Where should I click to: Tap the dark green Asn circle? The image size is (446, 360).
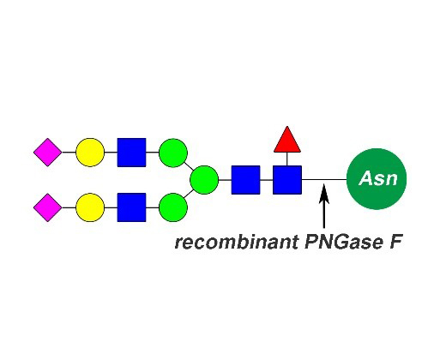[x=377, y=179]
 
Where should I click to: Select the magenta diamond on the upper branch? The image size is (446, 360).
[x=48, y=153]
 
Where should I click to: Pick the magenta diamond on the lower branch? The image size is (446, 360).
[x=48, y=207]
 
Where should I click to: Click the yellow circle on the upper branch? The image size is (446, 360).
[x=90, y=153]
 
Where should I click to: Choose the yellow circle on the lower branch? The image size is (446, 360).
[x=90, y=207]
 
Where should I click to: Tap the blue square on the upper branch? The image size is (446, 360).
[x=131, y=153]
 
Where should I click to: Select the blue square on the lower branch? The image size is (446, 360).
[x=131, y=207]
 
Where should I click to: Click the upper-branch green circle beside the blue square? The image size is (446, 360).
[x=173, y=153]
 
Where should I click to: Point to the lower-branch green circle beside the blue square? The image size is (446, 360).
[x=173, y=207]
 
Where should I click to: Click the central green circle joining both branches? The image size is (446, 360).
[x=204, y=180]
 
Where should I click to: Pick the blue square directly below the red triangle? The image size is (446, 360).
[x=287, y=180]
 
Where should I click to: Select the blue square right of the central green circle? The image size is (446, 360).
[x=246, y=180]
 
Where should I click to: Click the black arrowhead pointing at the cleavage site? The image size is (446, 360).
[x=324, y=195]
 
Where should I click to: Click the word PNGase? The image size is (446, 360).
[x=343, y=243]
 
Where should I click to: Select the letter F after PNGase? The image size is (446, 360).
[x=395, y=243]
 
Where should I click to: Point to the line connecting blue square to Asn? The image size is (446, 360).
[x=324, y=180]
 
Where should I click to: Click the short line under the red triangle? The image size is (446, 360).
[x=287, y=159]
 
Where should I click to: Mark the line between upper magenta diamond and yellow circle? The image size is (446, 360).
[x=69, y=153]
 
